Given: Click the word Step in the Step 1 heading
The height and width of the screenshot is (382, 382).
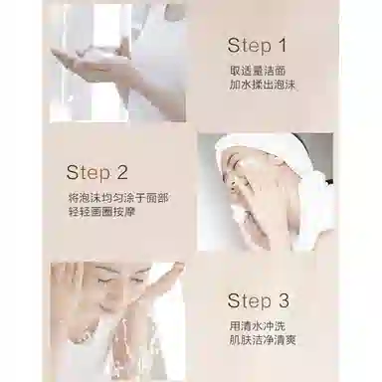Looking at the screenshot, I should click(249, 46).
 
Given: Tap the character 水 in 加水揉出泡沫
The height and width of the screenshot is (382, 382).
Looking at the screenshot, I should click(242, 86).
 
